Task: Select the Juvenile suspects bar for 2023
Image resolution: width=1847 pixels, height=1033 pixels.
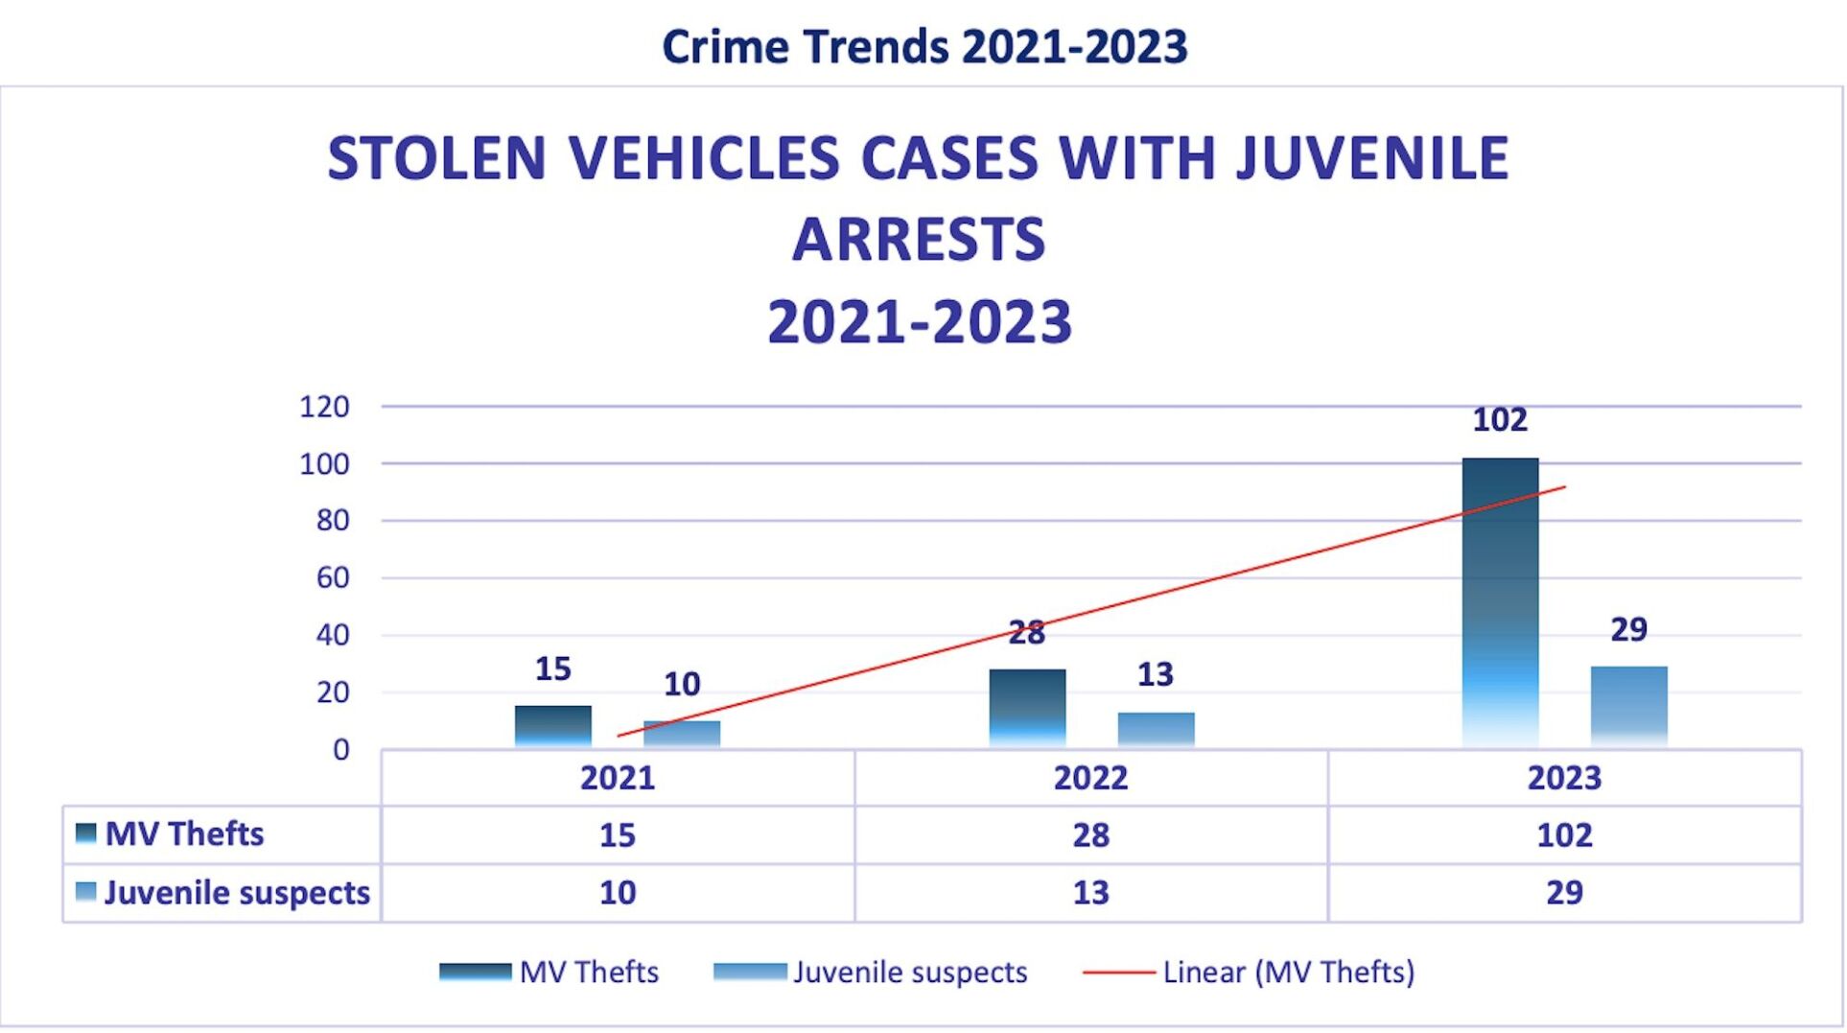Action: (1628, 706)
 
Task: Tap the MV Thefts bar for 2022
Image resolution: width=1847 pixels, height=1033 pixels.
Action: (1027, 708)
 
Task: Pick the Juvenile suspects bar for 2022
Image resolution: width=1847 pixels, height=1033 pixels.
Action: (1156, 729)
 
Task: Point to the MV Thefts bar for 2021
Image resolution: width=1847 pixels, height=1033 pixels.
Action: (552, 726)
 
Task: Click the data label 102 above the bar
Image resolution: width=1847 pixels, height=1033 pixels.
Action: (1500, 420)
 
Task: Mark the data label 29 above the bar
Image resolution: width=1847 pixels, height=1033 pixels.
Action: (1628, 629)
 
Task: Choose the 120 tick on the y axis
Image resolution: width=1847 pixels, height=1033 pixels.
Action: (324, 407)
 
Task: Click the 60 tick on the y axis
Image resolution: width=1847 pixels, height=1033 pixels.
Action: (332, 577)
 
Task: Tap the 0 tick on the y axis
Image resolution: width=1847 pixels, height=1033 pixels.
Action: (340, 750)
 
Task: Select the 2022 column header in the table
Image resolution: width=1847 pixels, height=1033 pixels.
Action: (1090, 778)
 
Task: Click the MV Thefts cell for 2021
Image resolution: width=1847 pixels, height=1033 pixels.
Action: (617, 834)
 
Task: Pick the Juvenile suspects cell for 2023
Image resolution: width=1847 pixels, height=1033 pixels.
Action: (1564, 893)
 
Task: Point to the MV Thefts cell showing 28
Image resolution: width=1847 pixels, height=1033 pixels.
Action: (1090, 834)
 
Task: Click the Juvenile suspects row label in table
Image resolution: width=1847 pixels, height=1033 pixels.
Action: (236, 893)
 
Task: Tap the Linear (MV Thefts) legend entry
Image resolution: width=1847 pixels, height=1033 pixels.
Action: (1287, 973)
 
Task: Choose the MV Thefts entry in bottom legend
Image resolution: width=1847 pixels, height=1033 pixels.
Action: (588, 973)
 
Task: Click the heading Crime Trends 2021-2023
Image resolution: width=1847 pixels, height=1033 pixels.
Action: (924, 46)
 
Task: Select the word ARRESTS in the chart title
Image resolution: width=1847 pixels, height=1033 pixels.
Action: (919, 240)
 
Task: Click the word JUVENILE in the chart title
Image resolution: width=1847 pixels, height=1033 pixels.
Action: (1372, 158)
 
